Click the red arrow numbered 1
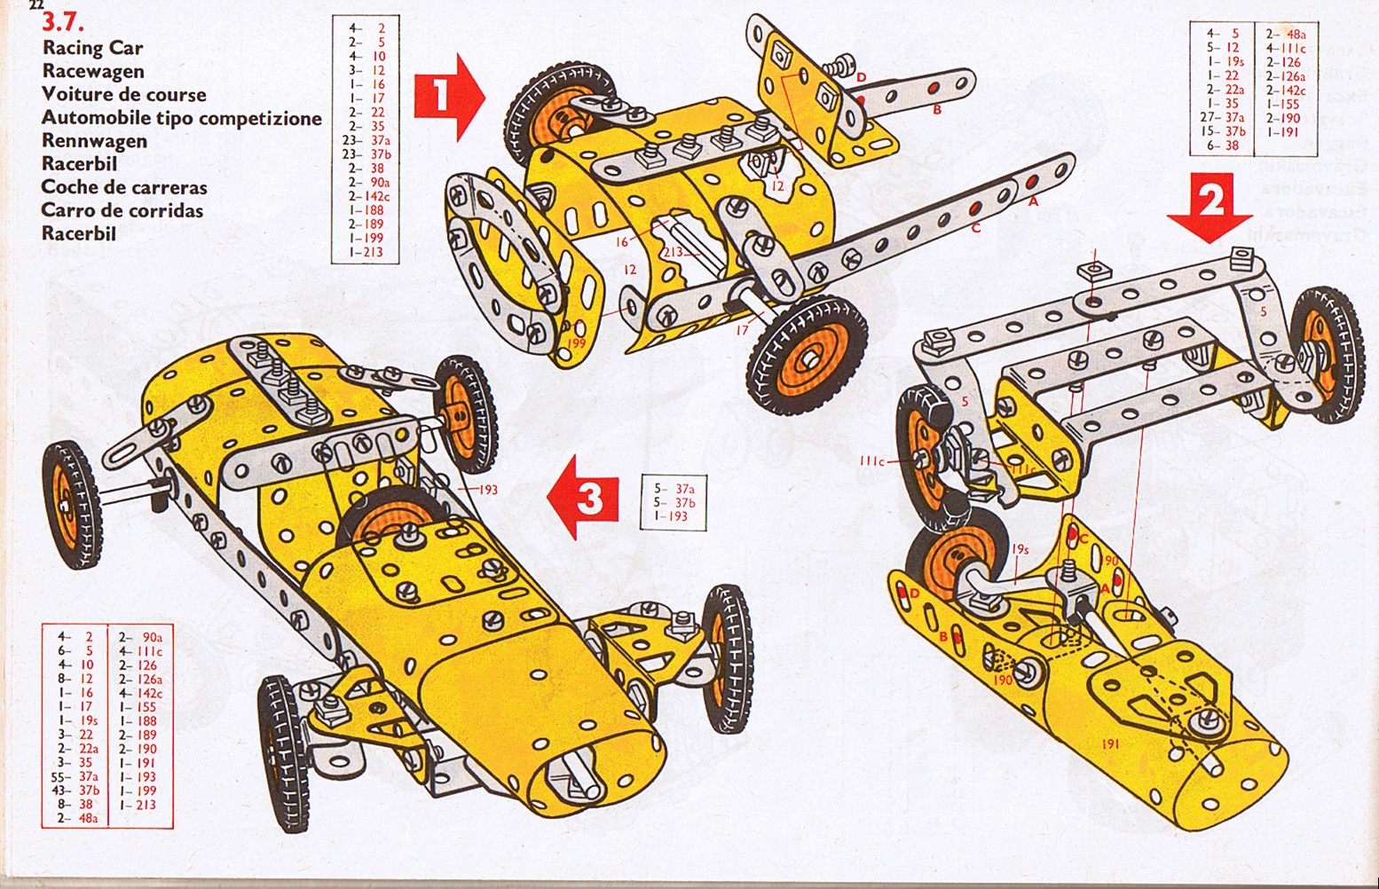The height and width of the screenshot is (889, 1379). [448, 96]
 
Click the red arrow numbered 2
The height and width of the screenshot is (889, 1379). [1210, 208]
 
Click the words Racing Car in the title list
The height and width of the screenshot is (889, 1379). [92, 48]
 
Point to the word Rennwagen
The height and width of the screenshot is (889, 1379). [94, 141]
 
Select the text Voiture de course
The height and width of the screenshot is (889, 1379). [123, 95]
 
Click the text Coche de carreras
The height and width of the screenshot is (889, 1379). [124, 188]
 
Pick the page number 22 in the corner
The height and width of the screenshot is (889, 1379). [36, 5]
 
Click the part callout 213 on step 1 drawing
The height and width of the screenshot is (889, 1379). [672, 252]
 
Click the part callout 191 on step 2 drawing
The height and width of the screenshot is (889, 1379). [1109, 744]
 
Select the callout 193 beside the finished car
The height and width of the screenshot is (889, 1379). [488, 489]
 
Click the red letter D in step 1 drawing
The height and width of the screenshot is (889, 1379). [860, 78]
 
